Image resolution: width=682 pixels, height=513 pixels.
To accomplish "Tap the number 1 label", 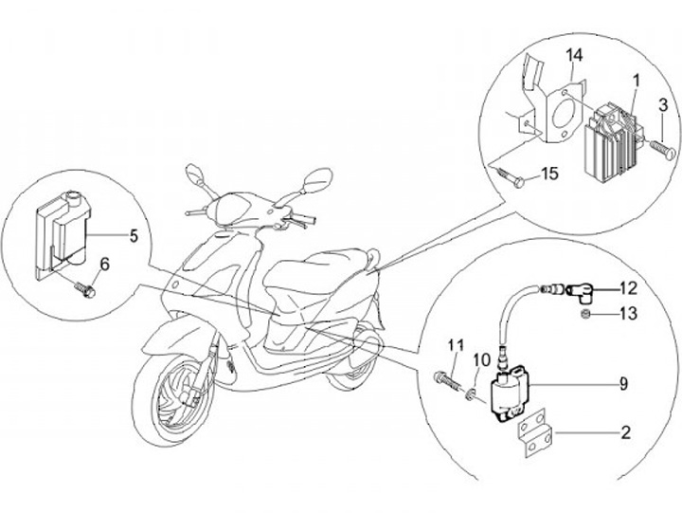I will [636, 82].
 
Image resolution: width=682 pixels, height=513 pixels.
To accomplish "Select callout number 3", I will [663, 103].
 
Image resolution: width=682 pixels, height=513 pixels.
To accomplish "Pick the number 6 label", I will [104, 265].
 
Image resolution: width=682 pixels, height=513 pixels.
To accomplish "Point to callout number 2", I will [626, 434].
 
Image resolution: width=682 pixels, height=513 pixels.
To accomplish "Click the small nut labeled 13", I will [587, 314].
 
